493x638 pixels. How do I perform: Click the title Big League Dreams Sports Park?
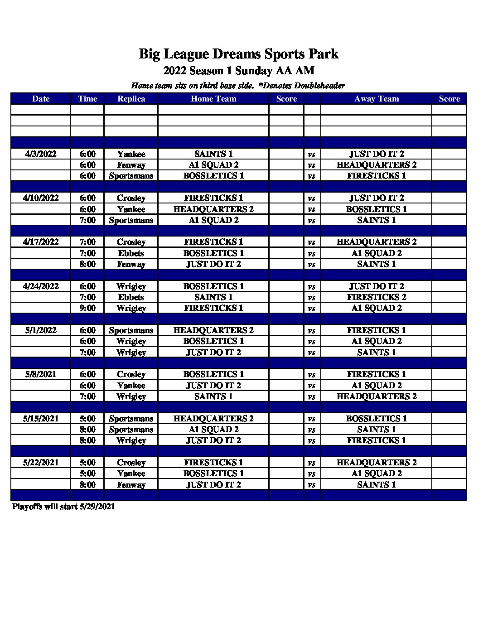[238, 54]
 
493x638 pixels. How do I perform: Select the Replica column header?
[131, 99]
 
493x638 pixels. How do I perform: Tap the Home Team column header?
[213, 99]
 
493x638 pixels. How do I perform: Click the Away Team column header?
[376, 99]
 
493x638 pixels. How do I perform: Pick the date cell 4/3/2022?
[41, 154]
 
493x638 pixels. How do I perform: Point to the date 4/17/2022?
[41, 242]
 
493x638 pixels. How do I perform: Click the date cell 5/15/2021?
[41, 419]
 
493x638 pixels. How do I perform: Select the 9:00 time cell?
[87, 308]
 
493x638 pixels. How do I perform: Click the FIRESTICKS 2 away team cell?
[376, 297]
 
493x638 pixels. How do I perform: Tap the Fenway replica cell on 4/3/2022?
[131, 165]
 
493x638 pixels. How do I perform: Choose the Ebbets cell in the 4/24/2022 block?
[131, 297]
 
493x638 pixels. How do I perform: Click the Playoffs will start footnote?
[63, 507]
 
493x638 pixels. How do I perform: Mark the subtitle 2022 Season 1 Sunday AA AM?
[238, 71]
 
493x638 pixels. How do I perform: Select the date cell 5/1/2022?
[41, 330]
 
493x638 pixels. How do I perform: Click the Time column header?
[87, 99]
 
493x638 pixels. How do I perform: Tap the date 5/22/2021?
[41, 463]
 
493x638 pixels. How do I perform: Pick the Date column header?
[41, 99]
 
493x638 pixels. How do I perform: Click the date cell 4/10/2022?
[41, 198]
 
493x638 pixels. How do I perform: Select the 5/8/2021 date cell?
[41, 374]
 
